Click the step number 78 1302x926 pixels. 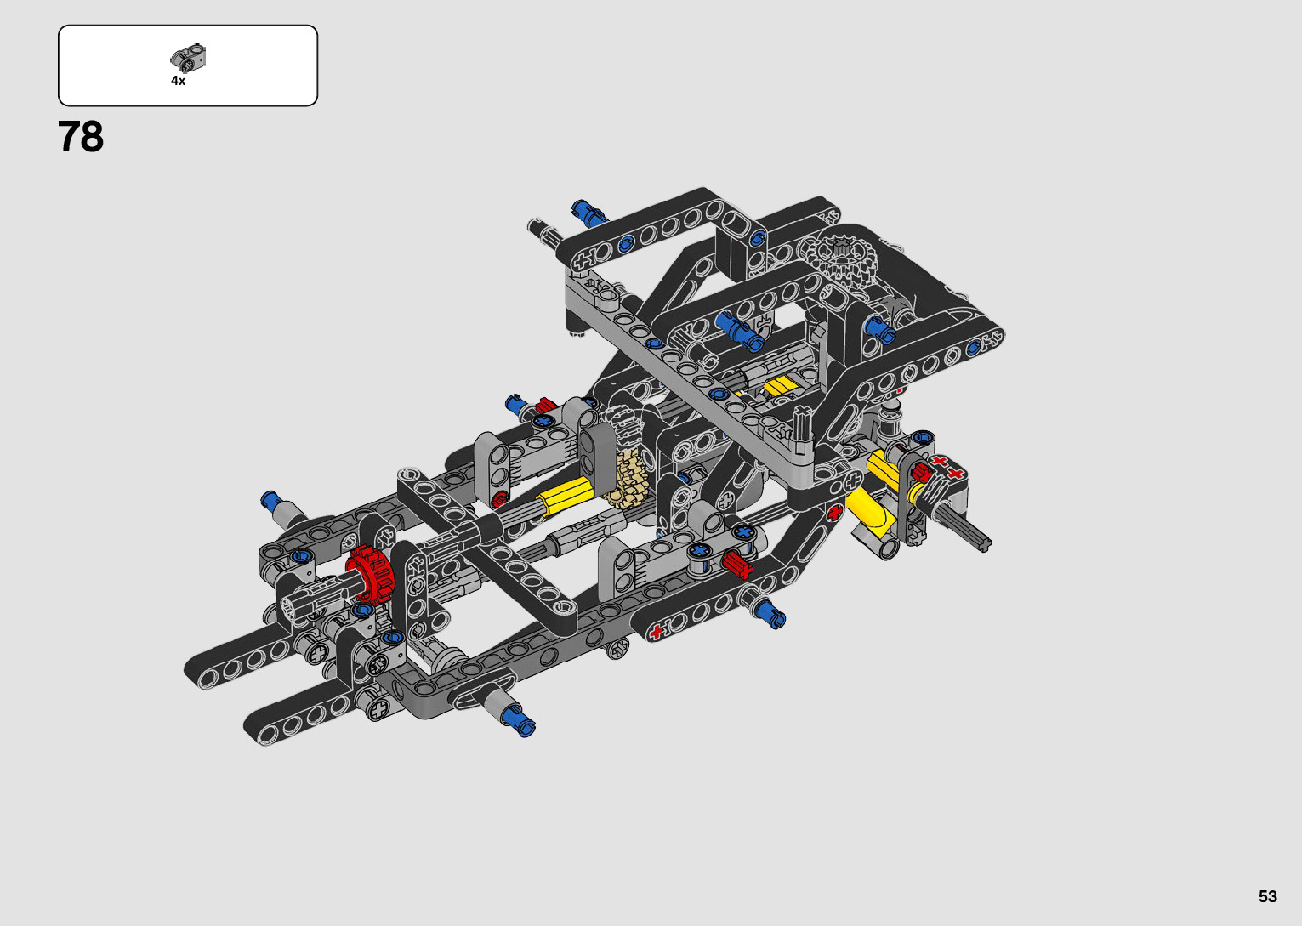point(81,137)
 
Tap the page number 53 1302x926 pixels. point(1268,895)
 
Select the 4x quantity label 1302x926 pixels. point(178,81)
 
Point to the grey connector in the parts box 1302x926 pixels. point(188,57)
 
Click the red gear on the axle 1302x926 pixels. point(371,573)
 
